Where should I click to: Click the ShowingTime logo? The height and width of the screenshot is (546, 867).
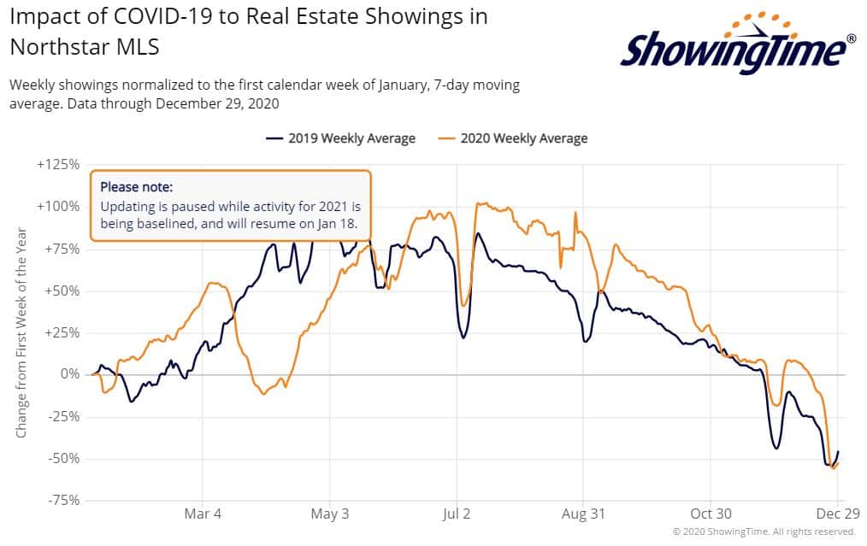[737, 45]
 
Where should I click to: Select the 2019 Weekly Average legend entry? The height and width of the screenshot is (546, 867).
[341, 138]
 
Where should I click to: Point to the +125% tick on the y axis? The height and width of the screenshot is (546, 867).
[57, 165]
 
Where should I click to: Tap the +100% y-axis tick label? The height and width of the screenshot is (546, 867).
[57, 207]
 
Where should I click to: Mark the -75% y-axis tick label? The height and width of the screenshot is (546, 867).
[60, 500]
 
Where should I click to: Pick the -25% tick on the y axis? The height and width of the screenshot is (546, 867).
[60, 416]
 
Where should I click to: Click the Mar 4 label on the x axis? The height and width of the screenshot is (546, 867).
[203, 514]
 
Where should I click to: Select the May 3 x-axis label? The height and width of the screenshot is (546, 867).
[330, 514]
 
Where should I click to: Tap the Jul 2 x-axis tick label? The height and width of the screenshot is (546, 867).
[457, 514]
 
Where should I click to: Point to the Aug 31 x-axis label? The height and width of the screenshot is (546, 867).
[583, 514]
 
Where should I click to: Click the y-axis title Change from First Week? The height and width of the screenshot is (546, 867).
[22, 332]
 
